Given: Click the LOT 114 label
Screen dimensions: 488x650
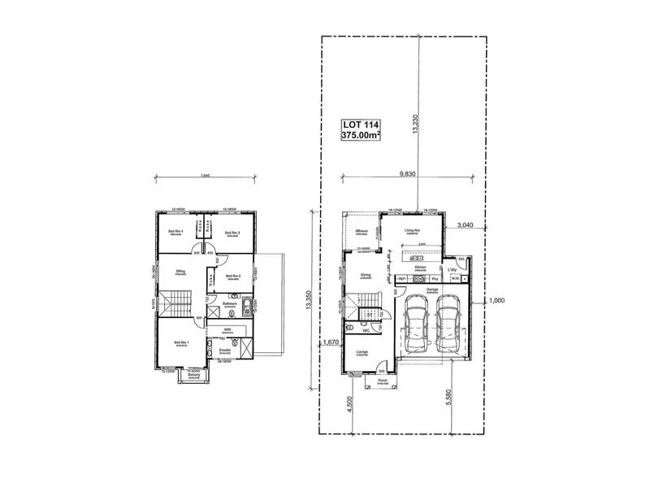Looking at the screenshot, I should tap(362, 124).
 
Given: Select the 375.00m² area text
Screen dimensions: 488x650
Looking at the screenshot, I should tap(362, 136).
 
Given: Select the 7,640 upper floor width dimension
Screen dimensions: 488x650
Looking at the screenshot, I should tap(205, 175).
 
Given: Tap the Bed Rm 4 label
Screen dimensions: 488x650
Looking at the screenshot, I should tap(176, 232).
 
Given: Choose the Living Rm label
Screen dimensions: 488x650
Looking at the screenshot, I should tap(413, 231).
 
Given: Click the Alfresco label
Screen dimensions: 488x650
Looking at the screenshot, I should tap(362, 231).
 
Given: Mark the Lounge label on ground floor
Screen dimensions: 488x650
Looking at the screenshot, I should tap(362, 352).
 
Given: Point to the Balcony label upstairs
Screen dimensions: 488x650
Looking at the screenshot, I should tap(193, 375).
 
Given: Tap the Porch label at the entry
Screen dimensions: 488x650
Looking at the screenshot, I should tap(382, 380).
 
